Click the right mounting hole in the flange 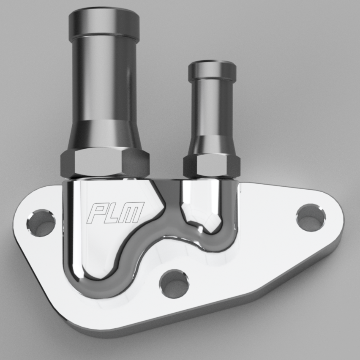[x=311, y=217]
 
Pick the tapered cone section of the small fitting [x=212, y=144]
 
